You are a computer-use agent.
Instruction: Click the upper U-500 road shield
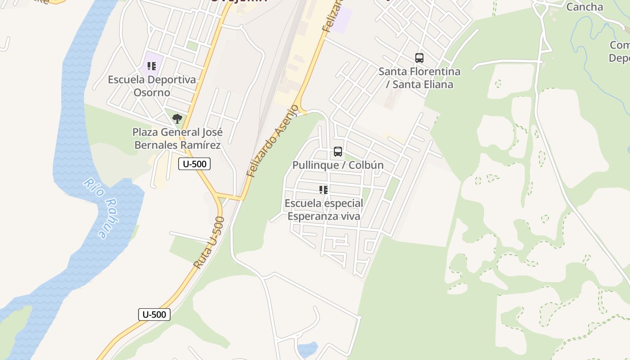tap(194, 164)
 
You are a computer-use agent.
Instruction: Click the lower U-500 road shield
tap(154, 315)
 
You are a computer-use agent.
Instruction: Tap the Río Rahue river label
tap(97, 208)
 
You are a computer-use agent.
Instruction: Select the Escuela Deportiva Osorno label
tap(152, 86)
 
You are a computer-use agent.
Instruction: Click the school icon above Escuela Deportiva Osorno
tap(152, 66)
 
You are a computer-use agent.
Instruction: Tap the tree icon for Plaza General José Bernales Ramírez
tap(177, 119)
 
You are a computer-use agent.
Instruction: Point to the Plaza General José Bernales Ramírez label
tap(177, 139)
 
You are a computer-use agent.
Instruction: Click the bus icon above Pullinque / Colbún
tap(338, 152)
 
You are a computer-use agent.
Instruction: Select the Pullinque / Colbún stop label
tap(338, 165)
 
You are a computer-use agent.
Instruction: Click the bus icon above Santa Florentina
tap(419, 58)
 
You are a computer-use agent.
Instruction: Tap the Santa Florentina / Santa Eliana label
tap(419, 78)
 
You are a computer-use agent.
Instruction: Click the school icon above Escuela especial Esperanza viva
tap(324, 190)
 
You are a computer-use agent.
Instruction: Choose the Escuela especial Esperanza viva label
tap(324, 210)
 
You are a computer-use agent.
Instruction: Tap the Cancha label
tap(585, 7)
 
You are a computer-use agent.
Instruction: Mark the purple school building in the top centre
tap(343, 19)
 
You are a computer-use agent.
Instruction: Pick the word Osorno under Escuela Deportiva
tap(152, 93)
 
